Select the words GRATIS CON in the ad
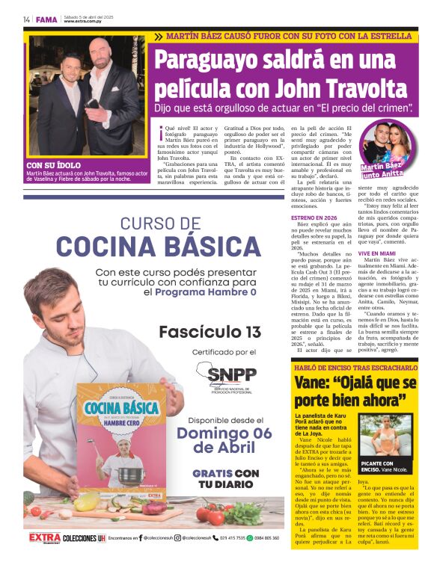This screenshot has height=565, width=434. click(225, 472)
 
